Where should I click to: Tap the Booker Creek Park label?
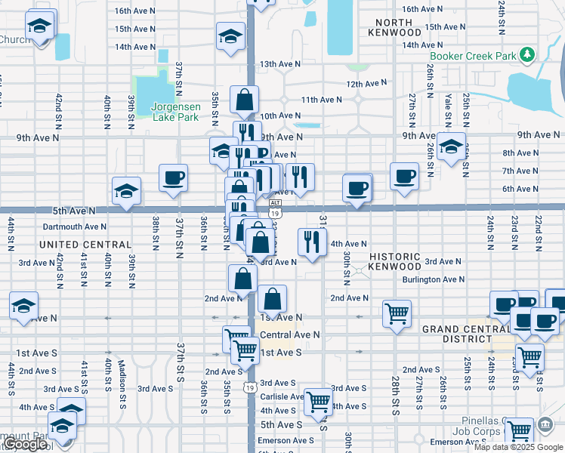tap(473, 56)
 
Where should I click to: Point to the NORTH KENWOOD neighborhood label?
tap(395, 27)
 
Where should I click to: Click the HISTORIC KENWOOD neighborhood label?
tap(395, 261)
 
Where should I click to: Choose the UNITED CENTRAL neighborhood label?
tap(85, 245)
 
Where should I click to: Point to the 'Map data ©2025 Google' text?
tap(518, 447)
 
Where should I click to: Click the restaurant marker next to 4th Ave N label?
tap(311, 242)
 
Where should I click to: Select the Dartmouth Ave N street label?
tap(75, 226)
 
